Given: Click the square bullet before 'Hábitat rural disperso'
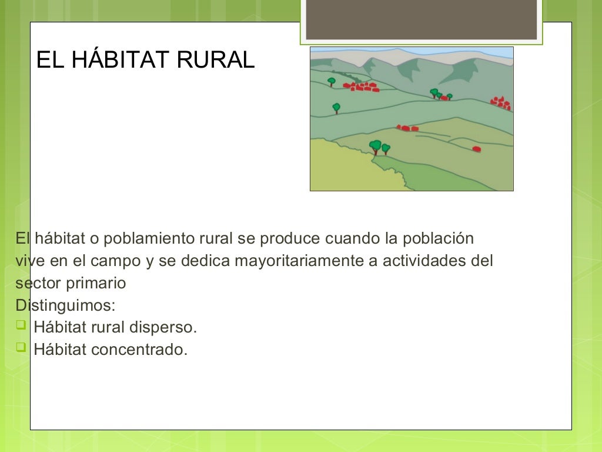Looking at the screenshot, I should coord(21,325).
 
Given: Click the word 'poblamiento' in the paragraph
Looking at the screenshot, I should coord(152,239).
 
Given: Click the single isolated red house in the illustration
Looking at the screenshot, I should coord(476,149).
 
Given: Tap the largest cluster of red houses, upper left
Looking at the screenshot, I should coord(362,87).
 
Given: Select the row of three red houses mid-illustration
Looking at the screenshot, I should coord(407,128).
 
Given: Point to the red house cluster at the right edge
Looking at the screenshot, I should coord(501,104).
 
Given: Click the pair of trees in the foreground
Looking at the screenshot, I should coord(379,147).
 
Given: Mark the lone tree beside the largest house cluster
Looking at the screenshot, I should coord(332,81).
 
